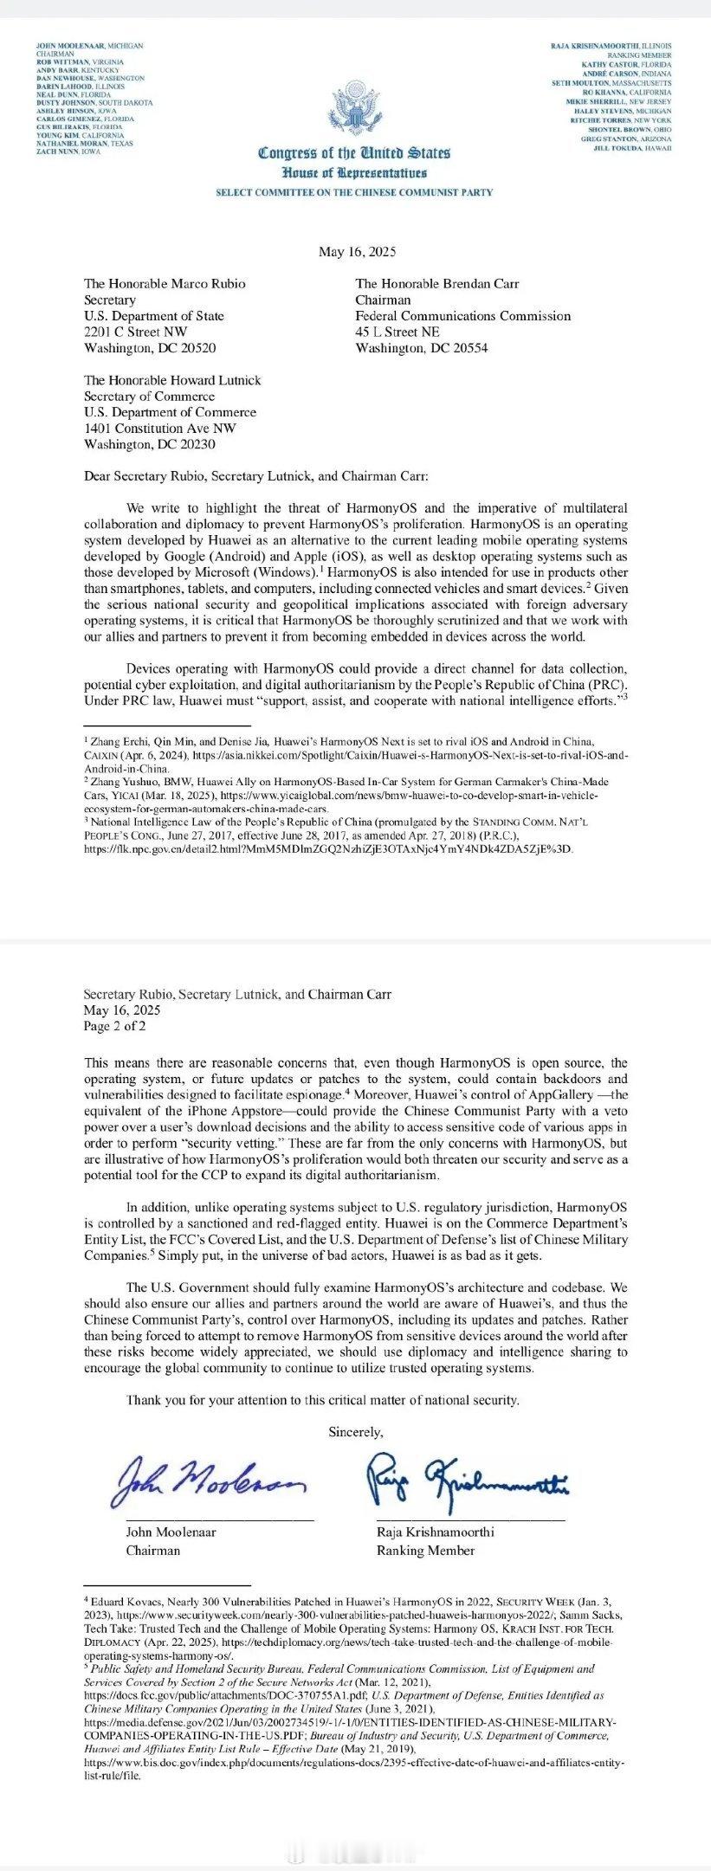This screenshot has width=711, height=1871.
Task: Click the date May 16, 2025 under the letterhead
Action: [356, 252]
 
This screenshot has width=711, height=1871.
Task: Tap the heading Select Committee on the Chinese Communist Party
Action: [354, 192]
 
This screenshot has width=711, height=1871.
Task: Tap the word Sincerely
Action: [355, 1432]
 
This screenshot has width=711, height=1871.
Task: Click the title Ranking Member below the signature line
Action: [425, 1551]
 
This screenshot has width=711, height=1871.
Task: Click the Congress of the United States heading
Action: [354, 153]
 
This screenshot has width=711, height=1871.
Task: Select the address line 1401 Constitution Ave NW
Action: [159, 429]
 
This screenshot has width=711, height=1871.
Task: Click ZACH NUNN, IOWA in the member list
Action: [68, 152]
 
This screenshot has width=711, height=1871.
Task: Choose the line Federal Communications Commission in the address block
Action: [463, 316]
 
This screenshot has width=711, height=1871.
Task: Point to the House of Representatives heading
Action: [354, 173]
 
